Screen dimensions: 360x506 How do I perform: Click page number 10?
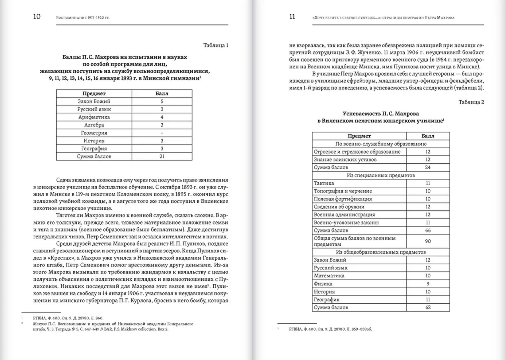pos(37,16)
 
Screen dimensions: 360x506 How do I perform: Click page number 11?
pos(292,16)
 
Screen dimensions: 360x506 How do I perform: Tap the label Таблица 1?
pos(215,45)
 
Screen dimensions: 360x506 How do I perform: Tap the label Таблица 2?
pos(471,102)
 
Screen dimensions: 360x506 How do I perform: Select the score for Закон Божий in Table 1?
pos(162,101)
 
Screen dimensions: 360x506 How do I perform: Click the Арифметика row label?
pos(94,117)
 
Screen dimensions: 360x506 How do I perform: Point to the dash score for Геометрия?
pos(162,133)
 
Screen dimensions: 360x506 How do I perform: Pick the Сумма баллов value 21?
pos(162,156)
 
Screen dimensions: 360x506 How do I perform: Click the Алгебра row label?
pos(94,125)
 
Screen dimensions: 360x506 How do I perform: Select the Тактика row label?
pos(324,183)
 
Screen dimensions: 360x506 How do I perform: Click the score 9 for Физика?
pos(428,284)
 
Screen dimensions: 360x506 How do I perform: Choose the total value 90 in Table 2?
pos(428,241)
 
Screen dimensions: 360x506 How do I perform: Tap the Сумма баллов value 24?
pos(428,168)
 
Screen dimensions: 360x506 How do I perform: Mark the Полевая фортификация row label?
pos(343,199)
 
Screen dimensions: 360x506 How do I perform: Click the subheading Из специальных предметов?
pos(381,175)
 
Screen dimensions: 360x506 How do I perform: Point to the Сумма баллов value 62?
pos(428,307)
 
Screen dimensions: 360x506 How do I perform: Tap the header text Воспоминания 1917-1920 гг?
pos(83,18)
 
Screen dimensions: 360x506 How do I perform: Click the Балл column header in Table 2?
pos(428,136)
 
